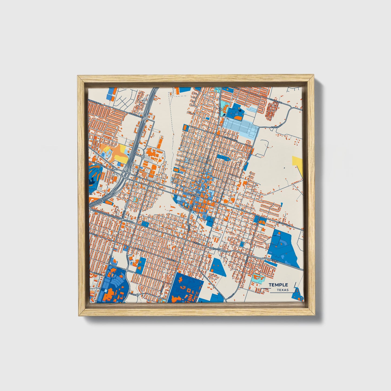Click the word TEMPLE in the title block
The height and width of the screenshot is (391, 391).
tap(278, 285)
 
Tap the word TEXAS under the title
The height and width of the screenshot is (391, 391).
tap(282, 290)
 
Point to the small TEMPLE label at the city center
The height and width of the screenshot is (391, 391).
tap(195, 195)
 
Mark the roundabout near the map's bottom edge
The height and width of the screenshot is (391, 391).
tap(137, 294)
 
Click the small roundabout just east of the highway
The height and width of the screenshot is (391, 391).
tap(143, 156)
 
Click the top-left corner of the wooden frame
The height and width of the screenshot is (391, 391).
tap(78, 77)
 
